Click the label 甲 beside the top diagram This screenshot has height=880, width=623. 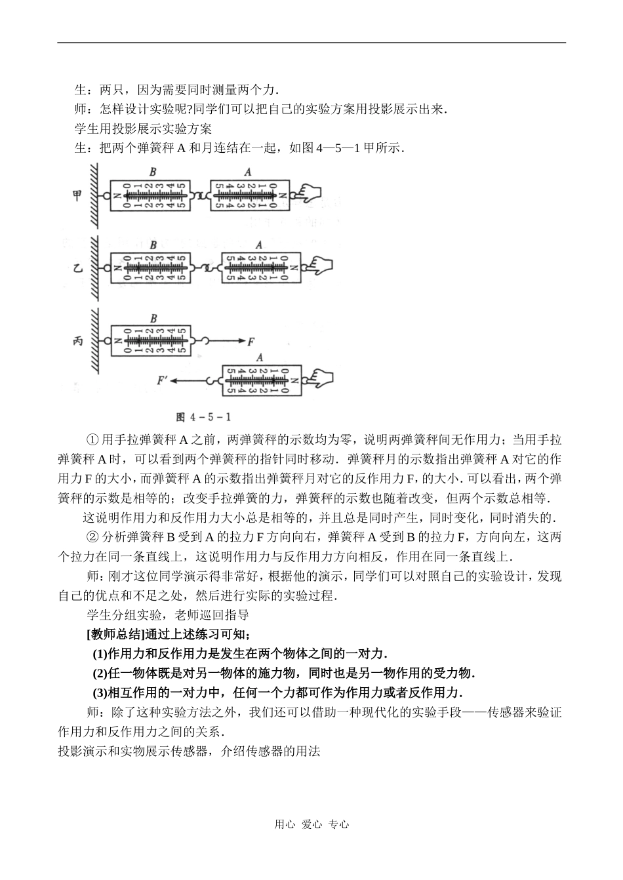coord(77,195)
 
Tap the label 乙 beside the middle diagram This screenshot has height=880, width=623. coord(77,268)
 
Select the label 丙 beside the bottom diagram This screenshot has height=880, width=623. coord(77,341)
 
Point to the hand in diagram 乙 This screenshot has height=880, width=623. coord(321,267)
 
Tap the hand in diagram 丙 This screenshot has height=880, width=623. coord(319,380)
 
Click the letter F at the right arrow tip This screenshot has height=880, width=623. coord(251,341)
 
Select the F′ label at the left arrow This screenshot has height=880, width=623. coord(163,380)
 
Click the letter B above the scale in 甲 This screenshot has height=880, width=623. coord(152,172)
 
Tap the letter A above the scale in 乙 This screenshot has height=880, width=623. coord(259,245)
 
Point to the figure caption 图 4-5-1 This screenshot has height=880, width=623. coord(204,417)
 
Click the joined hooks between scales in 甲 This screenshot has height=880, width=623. coord(200,195)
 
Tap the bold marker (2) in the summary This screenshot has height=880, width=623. coord(99,673)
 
